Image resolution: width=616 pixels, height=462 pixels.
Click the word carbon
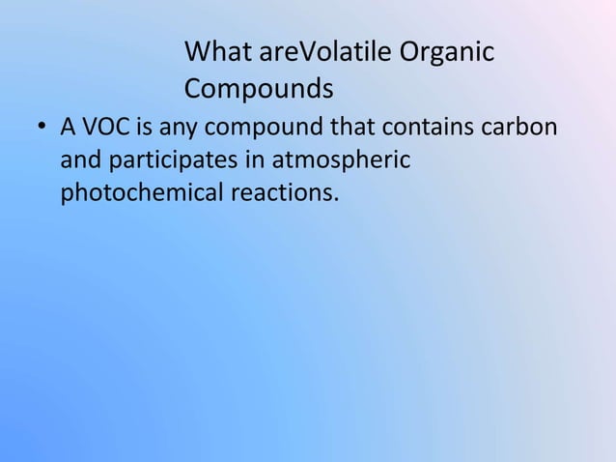tap(518, 128)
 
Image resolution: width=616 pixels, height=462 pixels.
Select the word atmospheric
tap(342, 161)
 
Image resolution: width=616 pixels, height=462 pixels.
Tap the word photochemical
tap(141, 193)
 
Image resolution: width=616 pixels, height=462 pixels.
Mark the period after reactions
tap(337, 200)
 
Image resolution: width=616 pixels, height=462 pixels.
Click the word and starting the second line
tap(79, 160)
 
